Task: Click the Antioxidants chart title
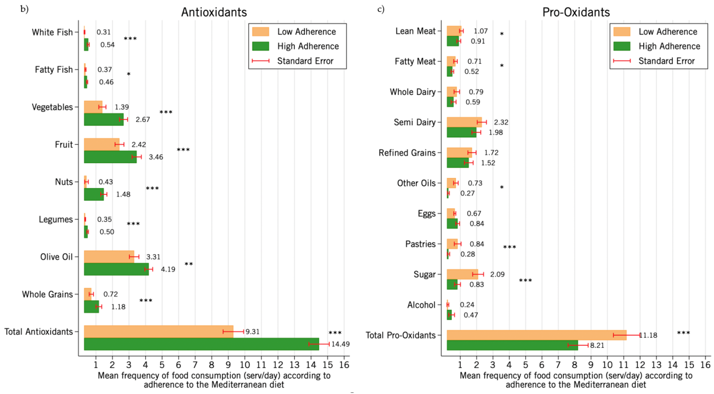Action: click(214, 12)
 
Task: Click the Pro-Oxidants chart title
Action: click(576, 12)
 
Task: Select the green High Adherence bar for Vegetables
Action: click(104, 120)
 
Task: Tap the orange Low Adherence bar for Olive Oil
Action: click(109, 257)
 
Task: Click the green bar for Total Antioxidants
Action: click(201, 344)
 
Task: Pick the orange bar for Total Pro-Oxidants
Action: click(536, 335)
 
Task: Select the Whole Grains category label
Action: click(47, 294)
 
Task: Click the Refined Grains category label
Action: click(407, 152)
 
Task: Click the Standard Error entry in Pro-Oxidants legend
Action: click(667, 61)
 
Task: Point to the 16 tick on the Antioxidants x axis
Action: click(344, 365)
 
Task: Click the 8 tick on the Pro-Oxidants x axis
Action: click(575, 365)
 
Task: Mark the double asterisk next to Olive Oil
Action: click(189, 264)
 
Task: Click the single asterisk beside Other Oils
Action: click(502, 188)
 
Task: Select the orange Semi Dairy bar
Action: click(464, 122)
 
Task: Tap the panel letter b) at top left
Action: click(24, 9)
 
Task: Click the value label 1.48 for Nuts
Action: click(123, 194)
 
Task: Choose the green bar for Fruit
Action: click(110, 157)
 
